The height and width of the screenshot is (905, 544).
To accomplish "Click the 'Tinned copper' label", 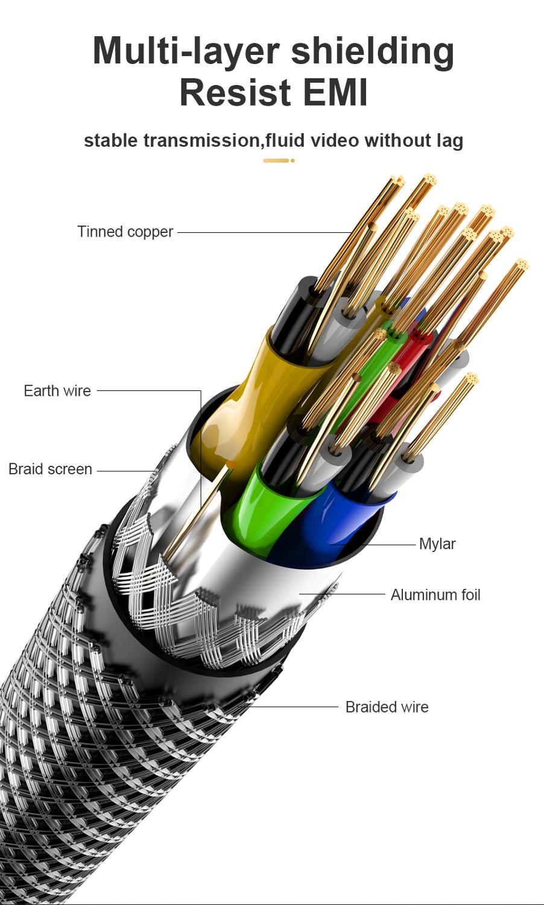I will pos(125,232).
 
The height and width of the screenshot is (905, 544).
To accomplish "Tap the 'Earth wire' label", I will pos(57,391).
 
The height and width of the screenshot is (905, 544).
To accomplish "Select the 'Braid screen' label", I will pos(50,469).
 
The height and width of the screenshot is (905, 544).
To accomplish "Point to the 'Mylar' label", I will pos(437,544).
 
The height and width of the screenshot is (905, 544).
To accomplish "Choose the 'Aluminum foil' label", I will pos(435,595).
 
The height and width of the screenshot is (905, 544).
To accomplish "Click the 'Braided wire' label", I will pos(387,707).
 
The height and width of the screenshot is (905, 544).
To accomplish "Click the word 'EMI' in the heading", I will pos(335,92).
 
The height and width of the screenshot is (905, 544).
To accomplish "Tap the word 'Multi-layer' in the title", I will pos(186,51).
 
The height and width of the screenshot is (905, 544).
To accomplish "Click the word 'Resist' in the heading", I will pos(232,92).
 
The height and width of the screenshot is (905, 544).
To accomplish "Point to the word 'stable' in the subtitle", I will pos(111,141).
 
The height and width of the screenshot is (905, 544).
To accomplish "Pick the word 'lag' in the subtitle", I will pos(449,141).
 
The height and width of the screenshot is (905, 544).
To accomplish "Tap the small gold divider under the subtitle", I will pos(278,160).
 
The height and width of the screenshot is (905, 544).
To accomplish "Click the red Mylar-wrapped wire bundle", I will pos(416,350).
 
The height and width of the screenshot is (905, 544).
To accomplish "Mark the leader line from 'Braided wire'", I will pos(296,707).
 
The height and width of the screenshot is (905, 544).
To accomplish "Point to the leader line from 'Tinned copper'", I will pos(265,232).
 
